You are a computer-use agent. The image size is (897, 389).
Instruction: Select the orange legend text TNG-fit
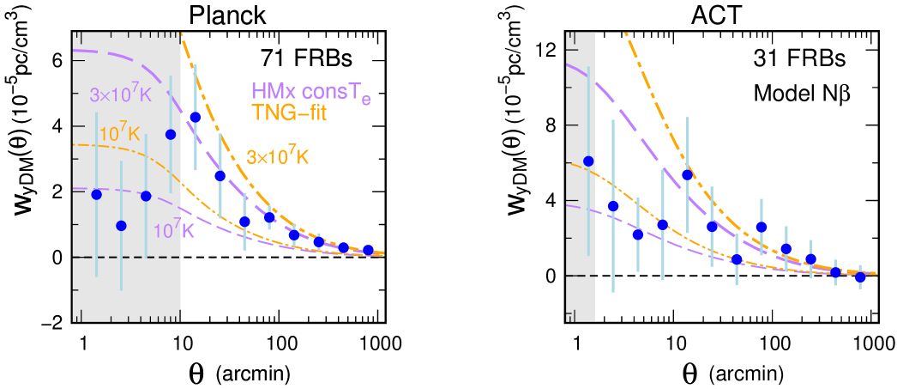289,112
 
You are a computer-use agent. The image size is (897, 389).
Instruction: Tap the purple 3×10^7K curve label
120,94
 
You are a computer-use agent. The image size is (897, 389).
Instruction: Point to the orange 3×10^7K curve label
277,158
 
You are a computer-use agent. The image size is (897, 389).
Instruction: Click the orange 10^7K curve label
120,134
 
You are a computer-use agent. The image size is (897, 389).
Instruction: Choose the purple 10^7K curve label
174,230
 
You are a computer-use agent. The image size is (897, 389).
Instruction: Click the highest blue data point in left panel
195,117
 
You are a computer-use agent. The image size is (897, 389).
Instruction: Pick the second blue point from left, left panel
121,226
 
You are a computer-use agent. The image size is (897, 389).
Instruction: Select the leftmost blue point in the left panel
96,194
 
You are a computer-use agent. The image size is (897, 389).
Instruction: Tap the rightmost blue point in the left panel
368,251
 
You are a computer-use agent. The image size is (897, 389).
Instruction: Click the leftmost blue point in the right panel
588,161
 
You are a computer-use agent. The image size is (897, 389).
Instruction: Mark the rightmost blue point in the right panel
860,277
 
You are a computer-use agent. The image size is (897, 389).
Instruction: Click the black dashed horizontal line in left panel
129,257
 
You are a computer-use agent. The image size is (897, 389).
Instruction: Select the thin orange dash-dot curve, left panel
129,148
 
